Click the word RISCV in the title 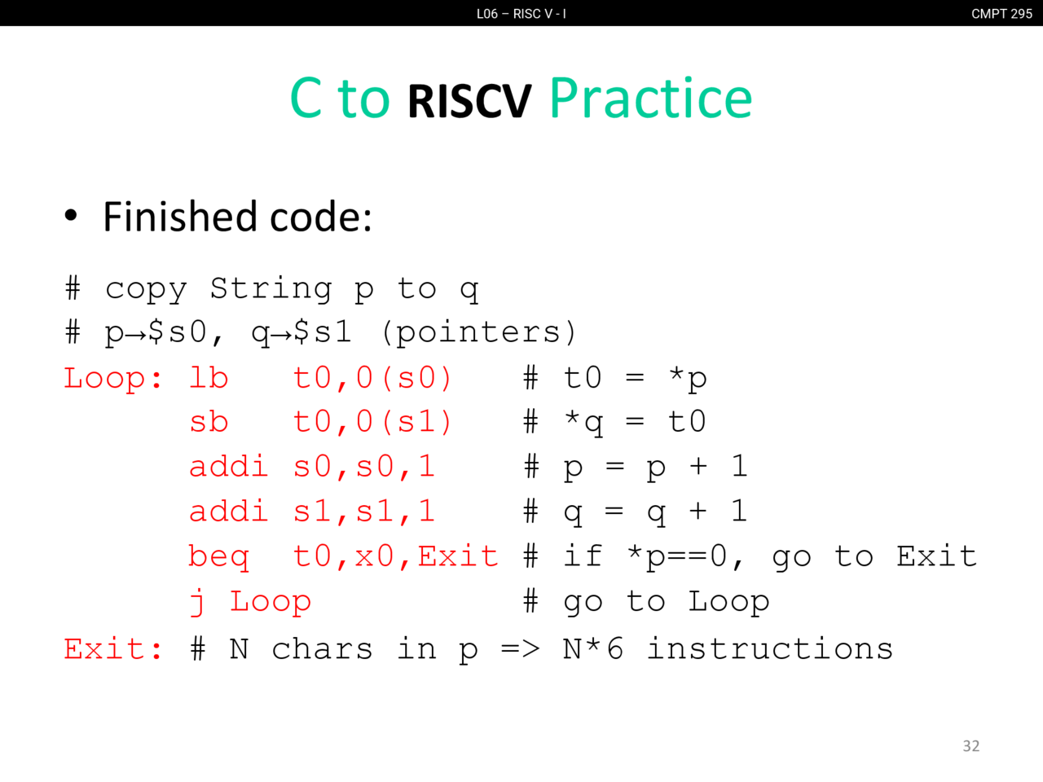click(469, 101)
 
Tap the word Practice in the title click(650, 98)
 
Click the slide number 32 click(970, 746)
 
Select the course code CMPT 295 click(1001, 14)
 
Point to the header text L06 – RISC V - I click(521, 14)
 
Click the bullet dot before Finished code click(71, 216)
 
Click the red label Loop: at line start click(113, 379)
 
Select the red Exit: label click(113, 649)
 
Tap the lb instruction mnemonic click(209, 379)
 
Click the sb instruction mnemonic click(209, 422)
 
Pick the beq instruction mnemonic click(219, 557)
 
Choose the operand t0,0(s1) click(372, 422)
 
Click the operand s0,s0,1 click(364, 467)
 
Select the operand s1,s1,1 click(364, 512)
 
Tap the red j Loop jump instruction click(250, 602)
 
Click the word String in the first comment click(271, 288)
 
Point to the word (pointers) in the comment click(479, 332)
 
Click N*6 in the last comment click(592, 649)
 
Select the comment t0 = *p click(636, 380)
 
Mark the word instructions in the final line click(770, 648)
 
